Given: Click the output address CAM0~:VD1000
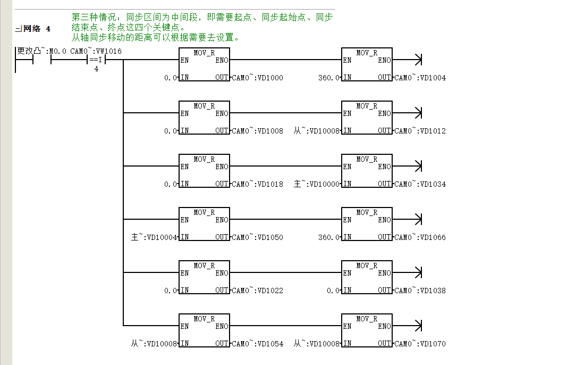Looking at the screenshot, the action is pyautogui.click(x=258, y=78).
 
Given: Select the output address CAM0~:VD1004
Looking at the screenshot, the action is pyautogui.click(x=420, y=78).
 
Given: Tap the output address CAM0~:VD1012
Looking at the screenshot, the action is pyautogui.click(x=420, y=131).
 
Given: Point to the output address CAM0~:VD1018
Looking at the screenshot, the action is pyautogui.click(x=258, y=184).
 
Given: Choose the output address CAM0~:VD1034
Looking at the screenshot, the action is pyautogui.click(x=420, y=184).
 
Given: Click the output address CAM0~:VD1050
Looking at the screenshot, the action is pyautogui.click(x=258, y=237).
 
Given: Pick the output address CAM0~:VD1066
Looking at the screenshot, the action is pyautogui.click(x=420, y=237).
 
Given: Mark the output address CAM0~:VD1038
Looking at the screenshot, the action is pyautogui.click(x=420, y=291).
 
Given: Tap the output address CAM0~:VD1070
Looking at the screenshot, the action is pyautogui.click(x=420, y=344).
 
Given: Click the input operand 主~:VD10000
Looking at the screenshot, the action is pyautogui.click(x=317, y=184).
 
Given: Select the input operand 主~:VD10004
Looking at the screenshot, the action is pyautogui.click(x=154, y=237).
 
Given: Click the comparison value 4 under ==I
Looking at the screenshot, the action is pyautogui.click(x=96, y=69).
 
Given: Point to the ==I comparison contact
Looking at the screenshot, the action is pyautogui.click(x=96, y=60).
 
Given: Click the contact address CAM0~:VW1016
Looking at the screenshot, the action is pyautogui.click(x=96, y=51).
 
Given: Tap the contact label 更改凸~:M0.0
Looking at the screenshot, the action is pyautogui.click(x=41, y=51).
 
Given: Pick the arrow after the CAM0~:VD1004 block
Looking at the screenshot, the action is pyautogui.click(x=407, y=60).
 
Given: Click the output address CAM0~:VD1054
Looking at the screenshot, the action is pyautogui.click(x=258, y=344).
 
